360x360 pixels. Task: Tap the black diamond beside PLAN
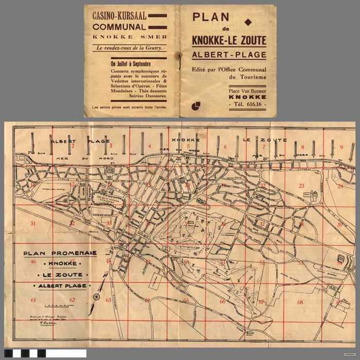click(249, 22)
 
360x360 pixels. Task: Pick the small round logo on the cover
click(195, 106)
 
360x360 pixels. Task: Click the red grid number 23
click(301, 186)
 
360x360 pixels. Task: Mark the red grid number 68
click(300, 302)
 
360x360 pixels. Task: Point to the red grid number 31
click(33, 223)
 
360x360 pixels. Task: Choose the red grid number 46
click(33, 261)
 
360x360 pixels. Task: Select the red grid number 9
click(341, 147)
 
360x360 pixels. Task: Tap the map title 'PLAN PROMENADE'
click(60, 253)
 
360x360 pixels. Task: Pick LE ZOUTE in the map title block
click(60, 275)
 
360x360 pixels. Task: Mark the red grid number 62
click(72, 300)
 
